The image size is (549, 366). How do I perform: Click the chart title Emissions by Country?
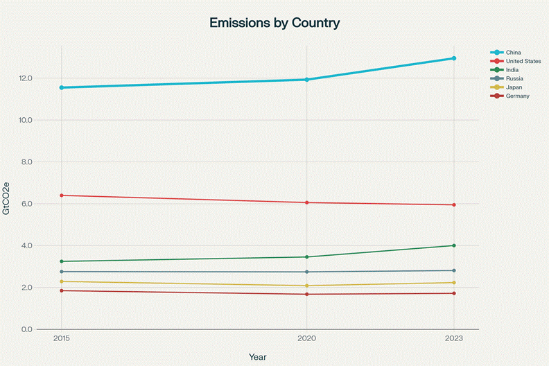[x=274, y=23]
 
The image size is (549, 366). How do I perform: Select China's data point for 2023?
[x=454, y=58]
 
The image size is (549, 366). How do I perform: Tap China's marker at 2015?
[x=62, y=87]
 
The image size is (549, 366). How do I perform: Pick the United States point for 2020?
[x=306, y=202]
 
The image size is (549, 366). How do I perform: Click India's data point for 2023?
[x=454, y=245]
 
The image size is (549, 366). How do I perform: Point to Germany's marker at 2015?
[x=62, y=290]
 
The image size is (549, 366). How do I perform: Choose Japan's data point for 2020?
[x=306, y=286]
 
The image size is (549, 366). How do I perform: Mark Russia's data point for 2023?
[x=454, y=270]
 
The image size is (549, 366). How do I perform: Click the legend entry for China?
[x=514, y=52]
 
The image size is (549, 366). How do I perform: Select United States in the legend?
[x=523, y=61]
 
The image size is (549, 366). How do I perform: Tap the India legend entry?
[x=513, y=70]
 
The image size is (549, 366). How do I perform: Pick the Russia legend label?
[x=514, y=78]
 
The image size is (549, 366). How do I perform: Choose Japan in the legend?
[x=514, y=87]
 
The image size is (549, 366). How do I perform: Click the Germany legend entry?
[x=518, y=96]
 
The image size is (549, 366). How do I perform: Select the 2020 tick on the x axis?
[x=306, y=339]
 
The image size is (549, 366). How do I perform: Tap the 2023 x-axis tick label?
[x=454, y=339]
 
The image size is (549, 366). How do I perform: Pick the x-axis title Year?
[x=257, y=356]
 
